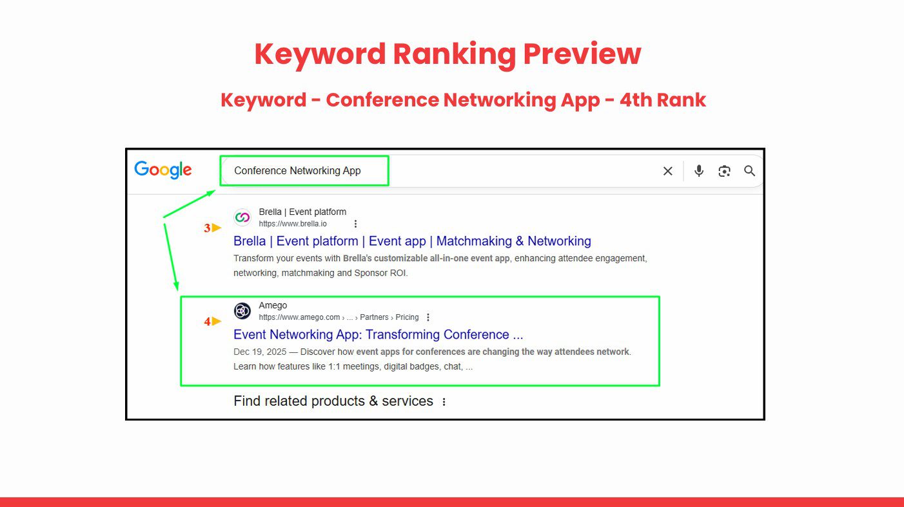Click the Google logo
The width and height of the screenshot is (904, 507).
[x=163, y=170]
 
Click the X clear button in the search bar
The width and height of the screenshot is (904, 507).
[x=668, y=171]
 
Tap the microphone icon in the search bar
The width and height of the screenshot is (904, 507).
[x=699, y=171]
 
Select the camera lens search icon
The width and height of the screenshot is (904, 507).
[x=724, y=171]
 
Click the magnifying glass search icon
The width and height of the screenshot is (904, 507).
[x=750, y=171]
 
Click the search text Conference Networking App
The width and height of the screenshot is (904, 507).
[x=297, y=171]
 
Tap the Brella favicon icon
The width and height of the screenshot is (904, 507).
[x=242, y=217]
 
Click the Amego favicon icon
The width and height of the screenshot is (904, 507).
[x=242, y=311]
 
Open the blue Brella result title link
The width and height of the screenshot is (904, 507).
[x=412, y=241]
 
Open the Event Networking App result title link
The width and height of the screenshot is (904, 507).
[x=378, y=335]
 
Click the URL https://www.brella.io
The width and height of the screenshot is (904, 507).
[x=293, y=224]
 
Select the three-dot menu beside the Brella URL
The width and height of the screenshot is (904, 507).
[x=355, y=224]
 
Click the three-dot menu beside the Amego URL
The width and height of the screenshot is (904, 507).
[x=428, y=317]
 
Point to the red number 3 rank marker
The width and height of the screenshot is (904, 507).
[x=207, y=228]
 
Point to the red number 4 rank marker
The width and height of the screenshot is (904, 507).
[x=207, y=322]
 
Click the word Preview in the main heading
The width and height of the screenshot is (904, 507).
[x=582, y=54]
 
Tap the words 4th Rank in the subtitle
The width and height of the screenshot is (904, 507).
[x=663, y=100]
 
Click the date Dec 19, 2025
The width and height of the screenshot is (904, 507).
[x=260, y=352]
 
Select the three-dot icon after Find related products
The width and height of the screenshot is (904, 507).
[x=444, y=402]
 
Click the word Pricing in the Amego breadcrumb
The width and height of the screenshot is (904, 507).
[x=407, y=317]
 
